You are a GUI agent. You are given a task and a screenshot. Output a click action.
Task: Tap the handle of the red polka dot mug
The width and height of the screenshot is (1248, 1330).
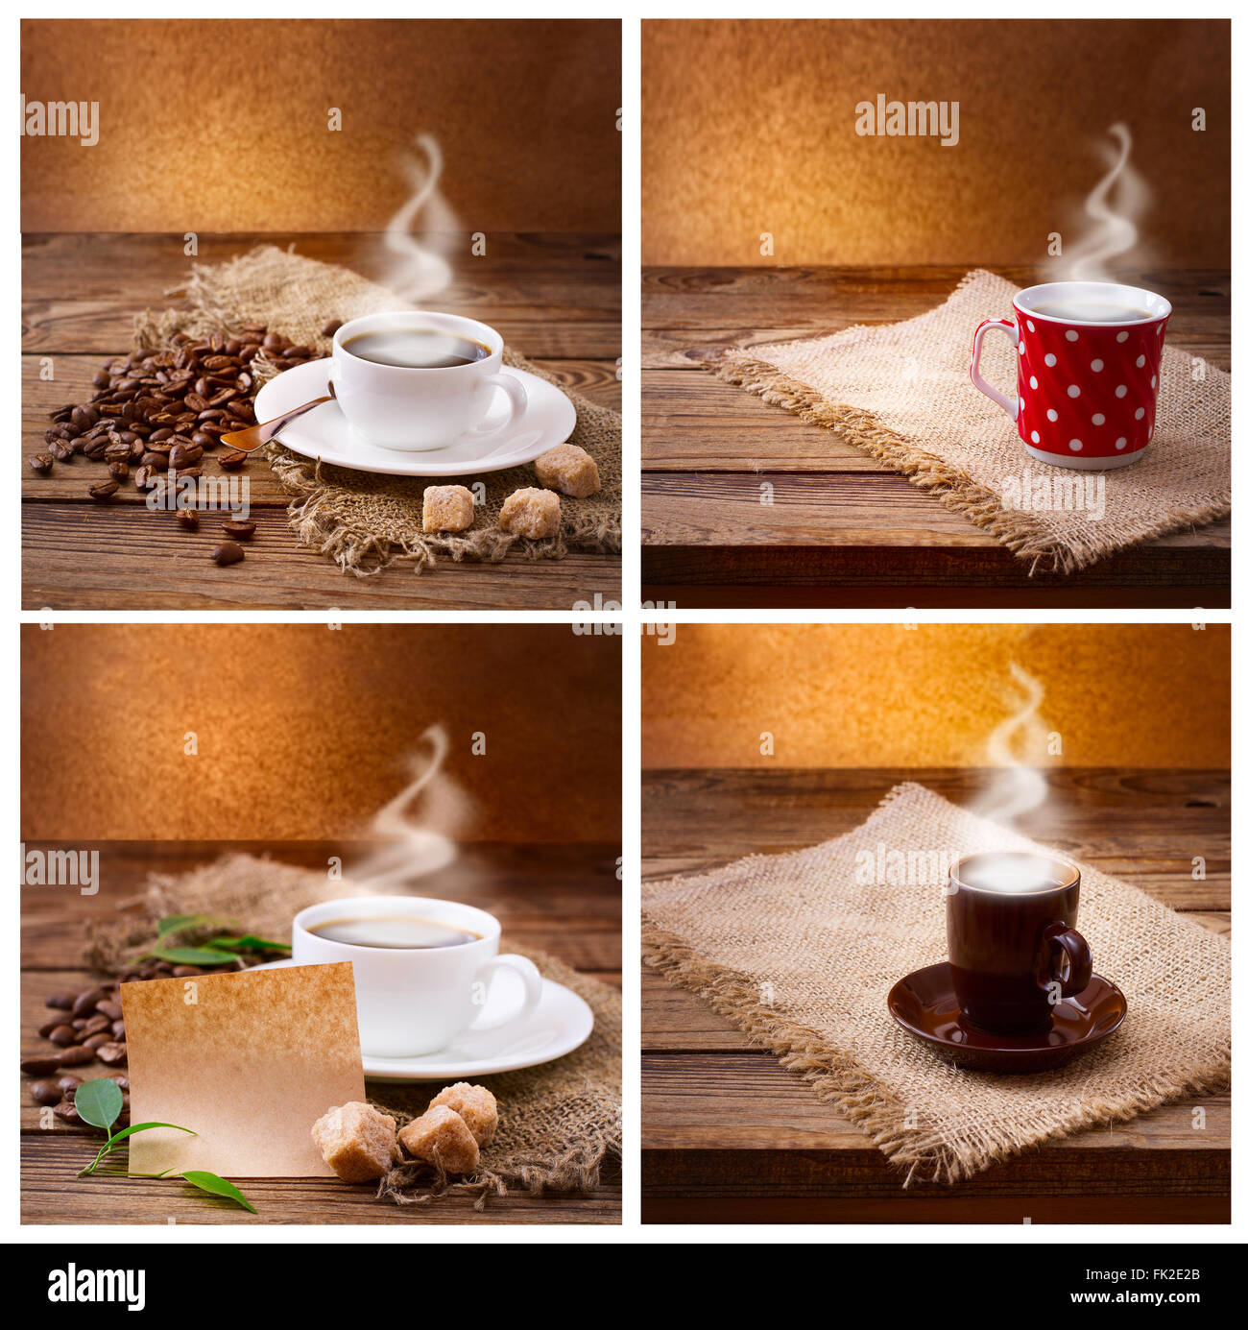pos(989,370)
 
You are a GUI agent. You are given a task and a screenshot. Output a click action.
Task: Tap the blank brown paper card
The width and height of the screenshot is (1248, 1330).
pos(240,1066)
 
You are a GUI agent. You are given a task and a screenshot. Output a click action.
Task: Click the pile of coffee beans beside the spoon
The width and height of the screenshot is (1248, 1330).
pos(163,403)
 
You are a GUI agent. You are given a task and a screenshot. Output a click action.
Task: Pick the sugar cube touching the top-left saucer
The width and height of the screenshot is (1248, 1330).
pos(567,470)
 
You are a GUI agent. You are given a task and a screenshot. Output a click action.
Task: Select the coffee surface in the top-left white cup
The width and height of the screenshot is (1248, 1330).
pos(415,348)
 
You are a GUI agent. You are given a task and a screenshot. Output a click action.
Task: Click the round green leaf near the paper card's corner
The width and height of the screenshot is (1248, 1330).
pos(99,1104)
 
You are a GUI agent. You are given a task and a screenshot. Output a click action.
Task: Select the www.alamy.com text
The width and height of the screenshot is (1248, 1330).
pos(1146,1298)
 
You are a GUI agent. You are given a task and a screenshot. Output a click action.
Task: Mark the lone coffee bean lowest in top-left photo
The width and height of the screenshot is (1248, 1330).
pos(228,553)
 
